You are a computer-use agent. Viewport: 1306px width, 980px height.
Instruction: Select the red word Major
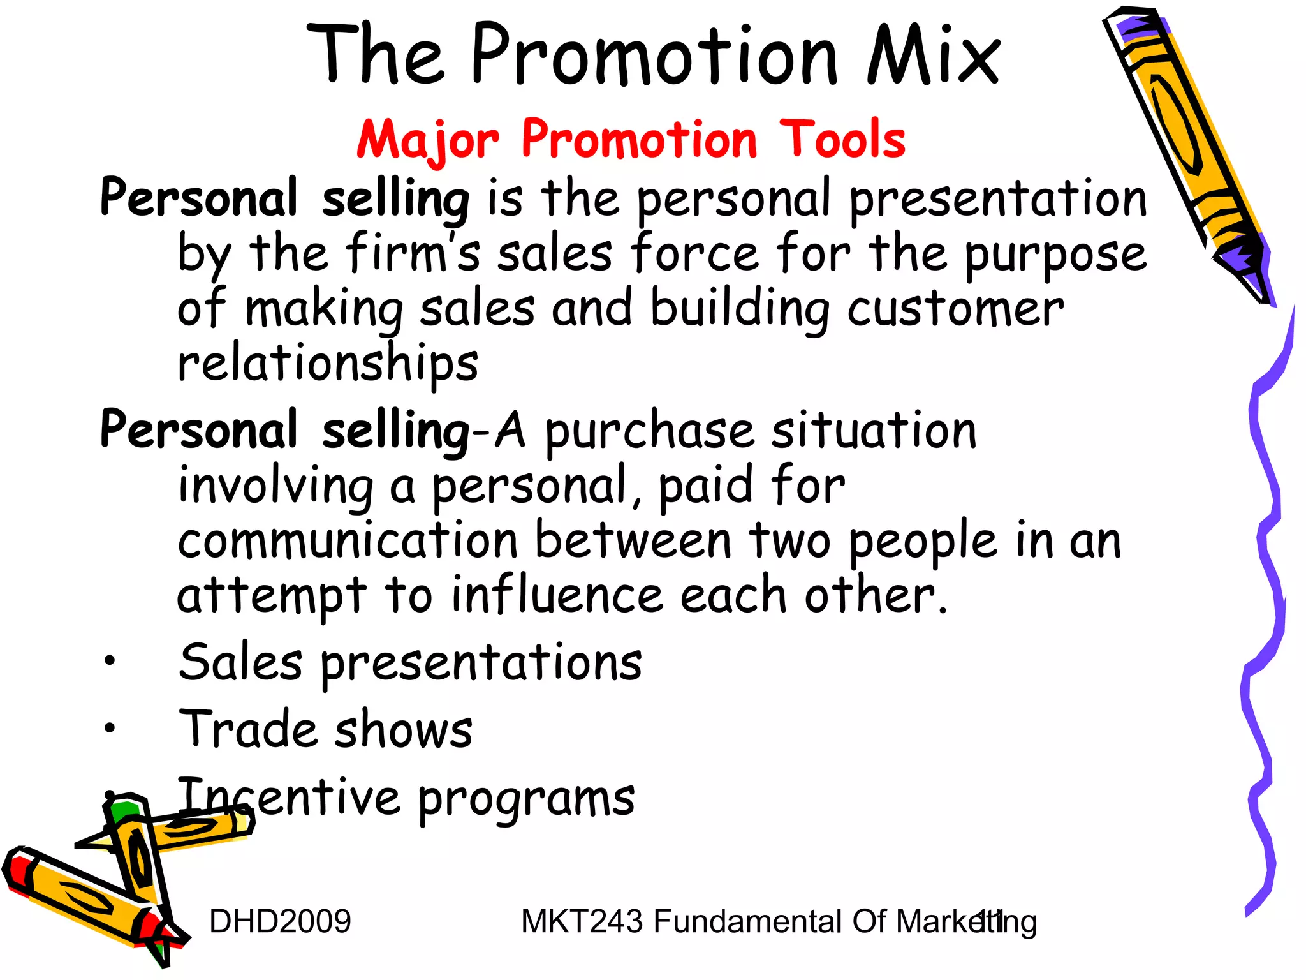(x=427, y=140)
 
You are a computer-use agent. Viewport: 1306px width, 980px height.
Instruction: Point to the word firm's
(x=413, y=254)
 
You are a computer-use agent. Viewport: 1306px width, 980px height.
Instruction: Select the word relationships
(x=328, y=365)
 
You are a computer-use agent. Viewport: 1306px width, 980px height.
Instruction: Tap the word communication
(x=348, y=542)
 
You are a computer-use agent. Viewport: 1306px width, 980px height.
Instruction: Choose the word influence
(x=557, y=595)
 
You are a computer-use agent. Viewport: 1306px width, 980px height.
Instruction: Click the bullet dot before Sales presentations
(x=110, y=662)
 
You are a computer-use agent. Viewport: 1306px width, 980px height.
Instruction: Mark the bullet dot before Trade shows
(x=110, y=727)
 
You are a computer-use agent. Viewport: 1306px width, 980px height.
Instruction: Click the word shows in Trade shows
(x=404, y=730)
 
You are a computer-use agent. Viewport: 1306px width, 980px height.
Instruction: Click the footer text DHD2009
(x=280, y=922)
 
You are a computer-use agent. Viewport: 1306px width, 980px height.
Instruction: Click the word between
(x=633, y=542)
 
